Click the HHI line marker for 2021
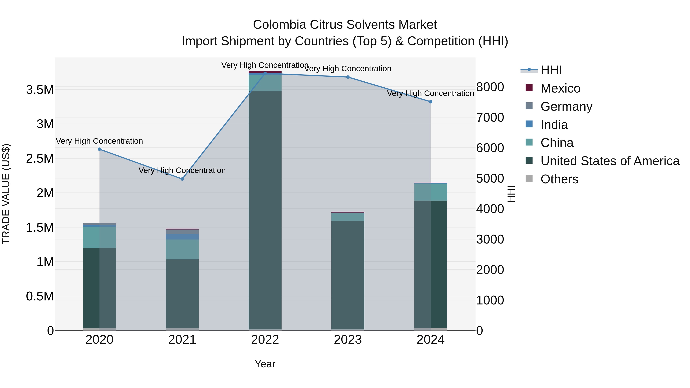coord(182,179)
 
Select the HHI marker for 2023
coord(348,77)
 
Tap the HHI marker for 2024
coord(430,102)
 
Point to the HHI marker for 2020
coord(99,149)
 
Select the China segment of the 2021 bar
coord(182,249)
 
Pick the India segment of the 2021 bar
coord(182,237)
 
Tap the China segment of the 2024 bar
coord(430,192)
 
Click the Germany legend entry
coord(566,107)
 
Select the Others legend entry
coord(559,179)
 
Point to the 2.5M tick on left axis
coord(40,158)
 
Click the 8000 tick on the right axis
coord(490,87)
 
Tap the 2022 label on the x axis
coord(265,340)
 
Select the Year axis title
coord(265,364)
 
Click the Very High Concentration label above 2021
coord(182,170)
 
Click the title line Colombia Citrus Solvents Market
coord(345,25)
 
